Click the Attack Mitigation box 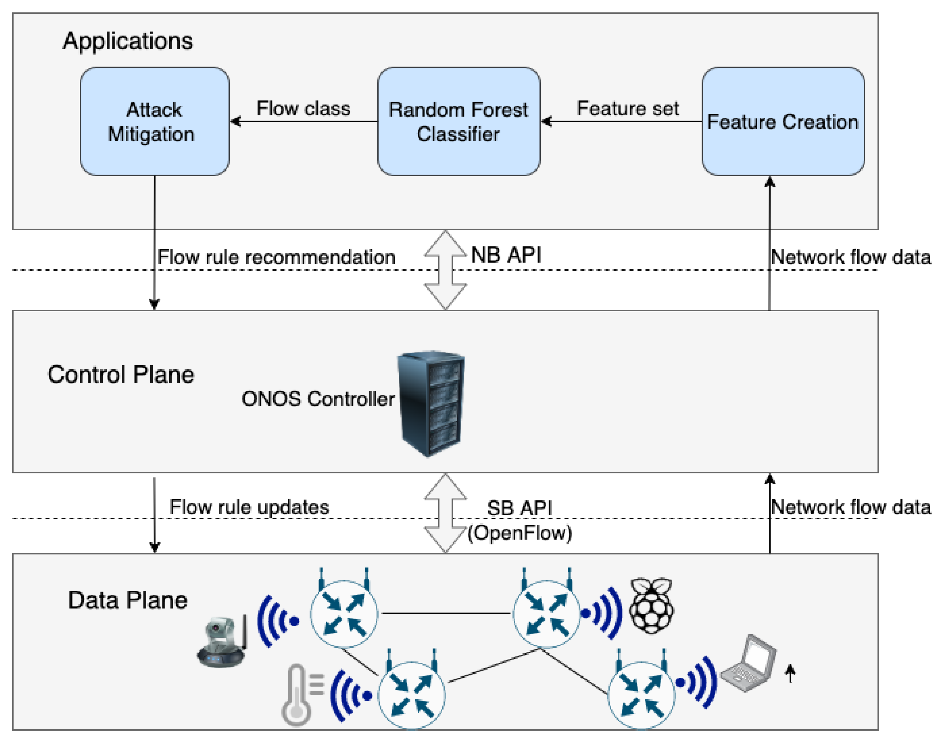coord(155,122)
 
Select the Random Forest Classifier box coord(458,122)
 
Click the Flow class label coord(303,108)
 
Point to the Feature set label coord(627,108)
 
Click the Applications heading coord(128,41)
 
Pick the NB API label coord(506,255)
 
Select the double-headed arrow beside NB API coord(445,270)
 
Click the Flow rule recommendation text coord(276,257)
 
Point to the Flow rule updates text coord(249,507)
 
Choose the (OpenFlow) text coord(519,533)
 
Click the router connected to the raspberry coord(546,614)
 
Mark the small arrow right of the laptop coord(790,674)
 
